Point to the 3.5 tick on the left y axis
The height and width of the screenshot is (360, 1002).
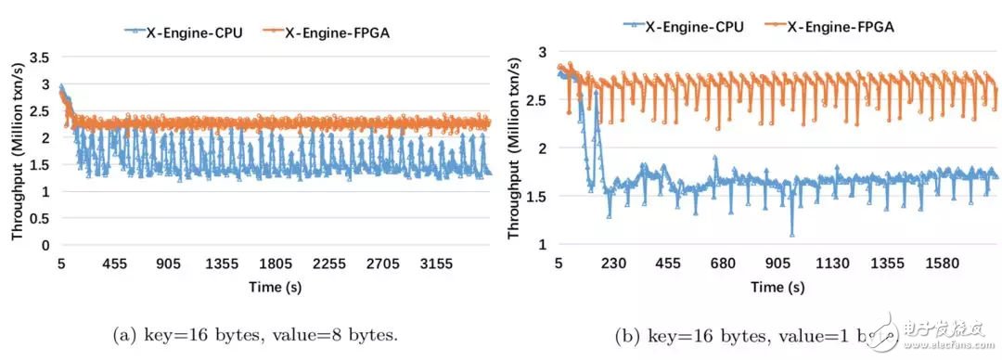coord(39,57)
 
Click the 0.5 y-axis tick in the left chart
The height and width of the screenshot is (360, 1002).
coord(39,219)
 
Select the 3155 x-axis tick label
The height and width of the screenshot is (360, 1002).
coord(437,264)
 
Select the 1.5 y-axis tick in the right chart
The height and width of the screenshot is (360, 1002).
coord(537,196)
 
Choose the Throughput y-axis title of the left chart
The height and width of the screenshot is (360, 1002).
coord(16,153)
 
